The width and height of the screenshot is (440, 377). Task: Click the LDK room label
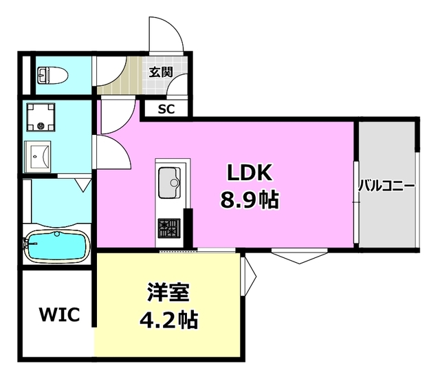point(248,171)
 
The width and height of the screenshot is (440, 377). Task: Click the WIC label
point(59,315)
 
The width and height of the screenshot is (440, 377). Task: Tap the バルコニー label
point(386,186)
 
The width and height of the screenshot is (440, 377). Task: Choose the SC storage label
point(167,109)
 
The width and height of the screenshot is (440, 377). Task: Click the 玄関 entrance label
point(162,70)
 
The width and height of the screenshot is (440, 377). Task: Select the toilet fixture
point(49,74)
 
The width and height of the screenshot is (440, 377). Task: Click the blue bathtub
point(54,245)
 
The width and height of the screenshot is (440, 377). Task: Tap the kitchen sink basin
point(168,182)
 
